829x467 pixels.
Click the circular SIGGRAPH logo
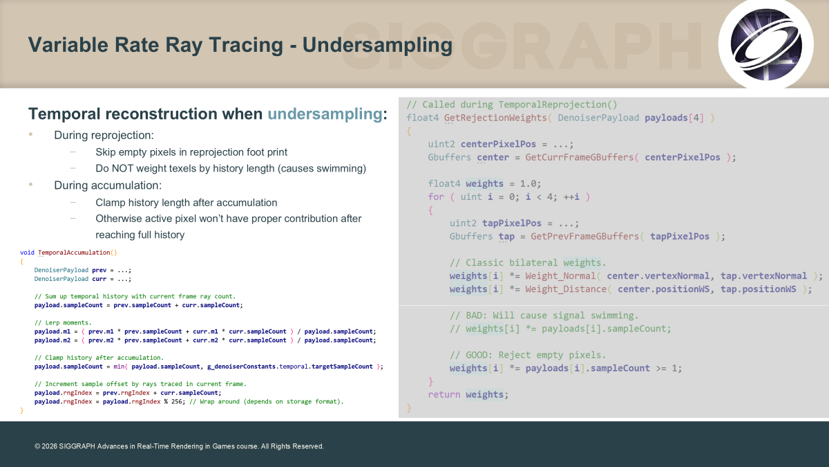point(765,44)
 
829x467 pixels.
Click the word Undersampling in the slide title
point(377,45)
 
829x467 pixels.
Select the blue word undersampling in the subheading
point(325,113)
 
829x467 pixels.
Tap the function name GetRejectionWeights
point(495,118)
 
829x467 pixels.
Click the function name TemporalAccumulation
point(74,253)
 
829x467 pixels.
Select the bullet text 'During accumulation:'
point(108,185)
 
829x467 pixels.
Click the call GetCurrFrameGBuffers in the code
point(580,157)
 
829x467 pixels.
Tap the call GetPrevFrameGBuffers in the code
point(584,237)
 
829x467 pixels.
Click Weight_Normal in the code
point(560,276)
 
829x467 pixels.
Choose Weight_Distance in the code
point(566,289)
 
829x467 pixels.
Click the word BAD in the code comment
point(474,315)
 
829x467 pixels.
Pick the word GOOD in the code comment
point(477,355)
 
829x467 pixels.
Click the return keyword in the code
point(444,395)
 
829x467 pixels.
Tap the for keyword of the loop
point(436,196)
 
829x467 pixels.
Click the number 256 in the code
point(176,401)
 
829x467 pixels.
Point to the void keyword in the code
point(27,253)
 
